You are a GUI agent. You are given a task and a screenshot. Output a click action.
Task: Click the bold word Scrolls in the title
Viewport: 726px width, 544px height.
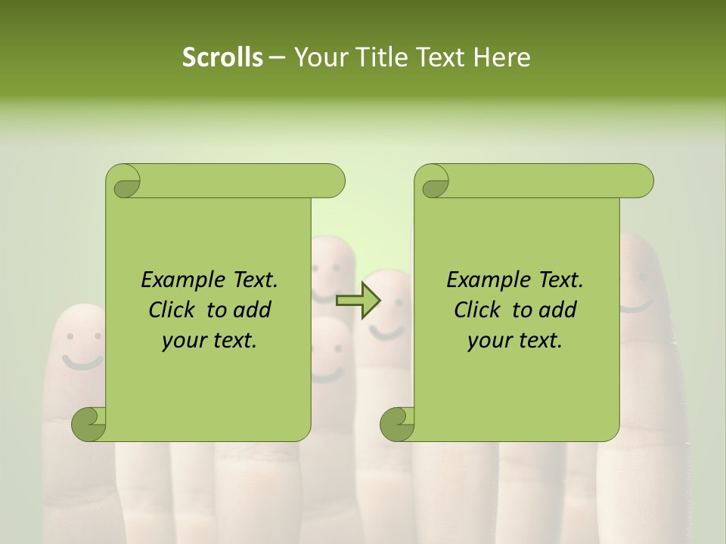[222, 57]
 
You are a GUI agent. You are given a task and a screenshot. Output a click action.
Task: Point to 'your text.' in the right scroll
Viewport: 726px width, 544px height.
[515, 340]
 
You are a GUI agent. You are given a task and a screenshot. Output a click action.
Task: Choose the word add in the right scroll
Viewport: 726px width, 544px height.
[560, 310]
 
